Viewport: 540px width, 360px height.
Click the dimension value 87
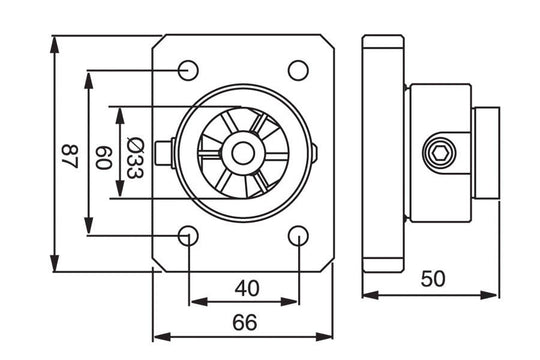coord(69,154)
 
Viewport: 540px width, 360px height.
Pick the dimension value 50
coord(432,280)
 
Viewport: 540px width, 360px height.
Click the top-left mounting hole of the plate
coord(188,69)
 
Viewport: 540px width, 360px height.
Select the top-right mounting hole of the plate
coord(297,69)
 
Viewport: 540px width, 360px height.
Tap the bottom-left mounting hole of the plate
coord(188,236)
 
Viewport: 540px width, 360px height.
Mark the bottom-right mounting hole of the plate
coord(297,236)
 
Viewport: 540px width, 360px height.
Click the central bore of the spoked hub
coord(243,153)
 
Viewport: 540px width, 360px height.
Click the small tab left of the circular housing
coord(176,153)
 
